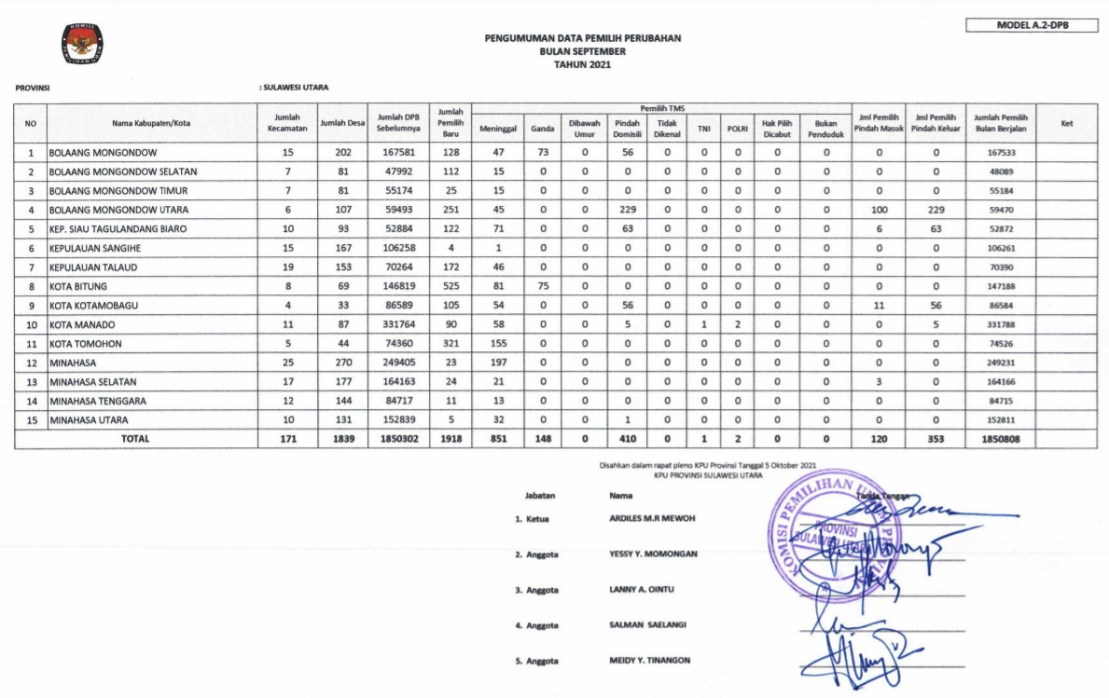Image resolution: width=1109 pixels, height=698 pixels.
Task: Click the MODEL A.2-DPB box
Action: [x=1032, y=25]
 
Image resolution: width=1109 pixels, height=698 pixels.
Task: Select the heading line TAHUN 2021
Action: [x=582, y=64]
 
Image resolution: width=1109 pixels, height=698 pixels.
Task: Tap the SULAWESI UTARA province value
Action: [x=296, y=88]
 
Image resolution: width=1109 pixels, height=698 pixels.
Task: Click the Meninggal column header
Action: [x=498, y=129]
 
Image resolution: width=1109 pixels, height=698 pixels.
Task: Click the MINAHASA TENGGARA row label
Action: [x=98, y=401]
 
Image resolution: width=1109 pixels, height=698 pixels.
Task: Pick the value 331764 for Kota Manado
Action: [x=397, y=324]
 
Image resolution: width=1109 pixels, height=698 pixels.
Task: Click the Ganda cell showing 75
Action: [x=542, y=286]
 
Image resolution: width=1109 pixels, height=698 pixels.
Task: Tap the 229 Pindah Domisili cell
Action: [x=628, y=210]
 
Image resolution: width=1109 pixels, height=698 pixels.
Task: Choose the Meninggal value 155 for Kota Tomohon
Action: [x=498, y=344]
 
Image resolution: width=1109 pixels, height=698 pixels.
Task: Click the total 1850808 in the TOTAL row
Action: [x=1000, y=438]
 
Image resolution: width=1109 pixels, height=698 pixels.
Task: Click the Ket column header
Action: [x=1067, y=122]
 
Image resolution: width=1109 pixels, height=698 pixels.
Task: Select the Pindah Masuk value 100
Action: [x=879, y=210]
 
